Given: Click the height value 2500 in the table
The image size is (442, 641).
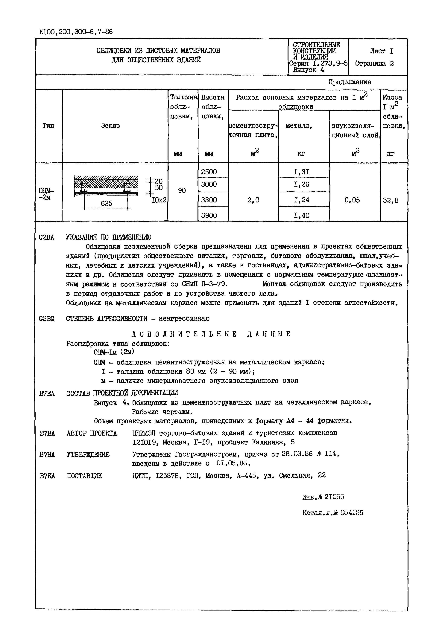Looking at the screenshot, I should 209,172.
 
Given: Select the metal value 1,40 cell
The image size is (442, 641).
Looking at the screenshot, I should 302,215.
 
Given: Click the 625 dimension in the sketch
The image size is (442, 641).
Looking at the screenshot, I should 106,203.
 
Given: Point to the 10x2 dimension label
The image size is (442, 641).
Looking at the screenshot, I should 159,200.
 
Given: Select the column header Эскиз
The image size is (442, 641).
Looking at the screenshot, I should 110,126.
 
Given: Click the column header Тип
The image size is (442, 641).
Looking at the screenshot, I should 48,126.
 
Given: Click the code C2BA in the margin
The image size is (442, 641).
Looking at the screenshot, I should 47,237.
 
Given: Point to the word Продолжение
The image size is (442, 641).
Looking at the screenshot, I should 350,82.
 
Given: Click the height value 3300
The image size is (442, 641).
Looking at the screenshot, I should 209,200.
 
